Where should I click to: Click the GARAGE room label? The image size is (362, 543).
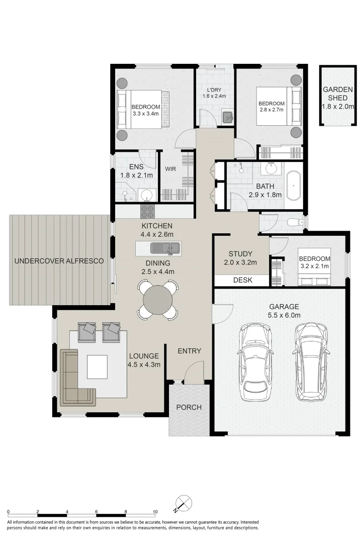point(284,307)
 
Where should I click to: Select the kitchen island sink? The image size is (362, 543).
point(166,247)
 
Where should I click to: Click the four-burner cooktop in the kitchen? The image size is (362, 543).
point(147,211)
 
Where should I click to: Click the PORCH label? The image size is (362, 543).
point(189,407)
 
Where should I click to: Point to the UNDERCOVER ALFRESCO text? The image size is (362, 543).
point(59,261)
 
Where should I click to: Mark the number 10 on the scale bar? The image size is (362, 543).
point(155,512)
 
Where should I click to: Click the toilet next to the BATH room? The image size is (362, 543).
point(293,222)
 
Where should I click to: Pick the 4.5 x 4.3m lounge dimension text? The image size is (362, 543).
point(144,365)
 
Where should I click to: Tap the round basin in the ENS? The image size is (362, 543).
point(146,195)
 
